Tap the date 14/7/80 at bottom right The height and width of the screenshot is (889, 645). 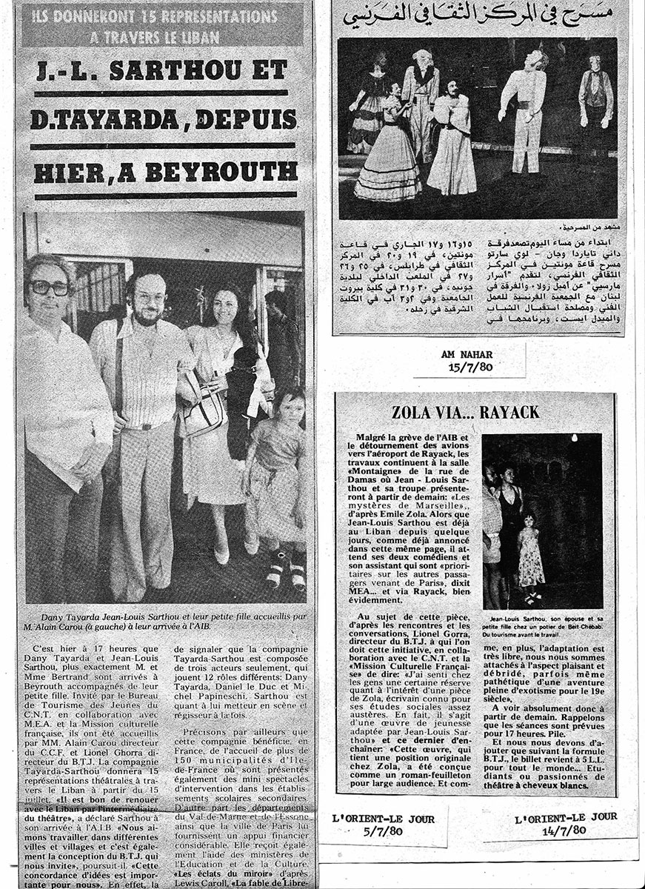[x=565, y=830]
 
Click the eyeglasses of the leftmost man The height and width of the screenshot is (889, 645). [x=49, y=287]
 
